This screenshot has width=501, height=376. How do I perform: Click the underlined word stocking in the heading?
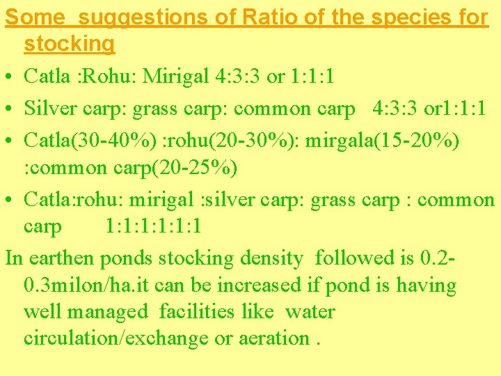coord(69,43)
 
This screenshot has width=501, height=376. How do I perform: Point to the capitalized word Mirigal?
coord(176,76)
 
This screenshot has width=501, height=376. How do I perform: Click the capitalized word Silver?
coord(49,108)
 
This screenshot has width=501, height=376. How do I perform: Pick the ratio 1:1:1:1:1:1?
coord(154,226)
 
